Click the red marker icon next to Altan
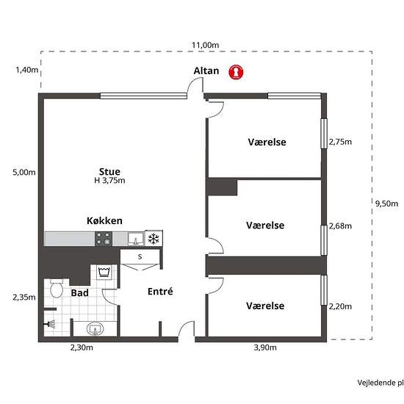[236, 71]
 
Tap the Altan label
[206, 71]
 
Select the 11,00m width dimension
[206, 45]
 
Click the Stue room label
[109, 172]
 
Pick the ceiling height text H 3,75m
[109, 181]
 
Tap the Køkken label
[104, 220]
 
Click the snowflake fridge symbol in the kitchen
[154, 239]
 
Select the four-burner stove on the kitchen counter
[104, 239]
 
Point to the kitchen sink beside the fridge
[135, 239]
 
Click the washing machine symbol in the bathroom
[104, 273]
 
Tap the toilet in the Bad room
[56, 291]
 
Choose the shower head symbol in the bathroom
[50, 322]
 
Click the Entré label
[160, 291]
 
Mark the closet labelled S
[140, 256]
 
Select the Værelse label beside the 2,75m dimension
[267, 142]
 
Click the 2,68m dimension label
[340, 226]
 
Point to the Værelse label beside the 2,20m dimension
[265, 305]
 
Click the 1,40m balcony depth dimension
[25, 70]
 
